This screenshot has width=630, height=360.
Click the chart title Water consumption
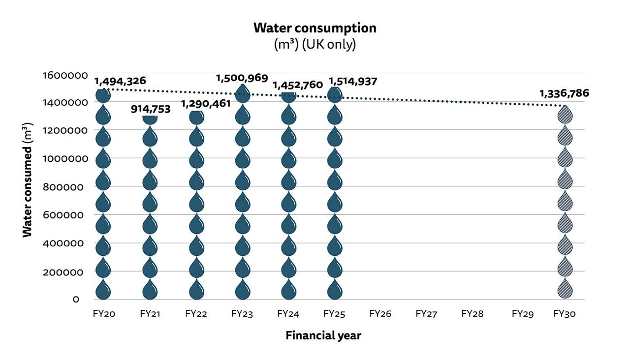click(315, 28)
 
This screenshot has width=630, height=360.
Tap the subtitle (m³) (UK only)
click(315, 44)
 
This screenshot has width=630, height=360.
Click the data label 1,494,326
click(120, 81)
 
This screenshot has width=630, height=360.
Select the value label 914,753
click(150, 109)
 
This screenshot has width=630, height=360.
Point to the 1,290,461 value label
click(206, 104)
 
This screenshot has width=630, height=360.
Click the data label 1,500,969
click(242, 78)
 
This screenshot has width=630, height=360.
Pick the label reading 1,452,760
click(297, 85)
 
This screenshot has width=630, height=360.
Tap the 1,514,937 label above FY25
click(352, 81)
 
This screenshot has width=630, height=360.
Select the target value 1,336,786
click(564, 93)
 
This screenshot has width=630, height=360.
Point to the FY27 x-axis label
click(426, 313)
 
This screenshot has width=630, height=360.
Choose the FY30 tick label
click(564, 313)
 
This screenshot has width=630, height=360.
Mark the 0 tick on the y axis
click(76, 300)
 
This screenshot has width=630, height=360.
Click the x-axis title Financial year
click(323, 336)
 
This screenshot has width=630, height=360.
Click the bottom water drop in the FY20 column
click(103, 290)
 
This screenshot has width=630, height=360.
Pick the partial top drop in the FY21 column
click(150, 119)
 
